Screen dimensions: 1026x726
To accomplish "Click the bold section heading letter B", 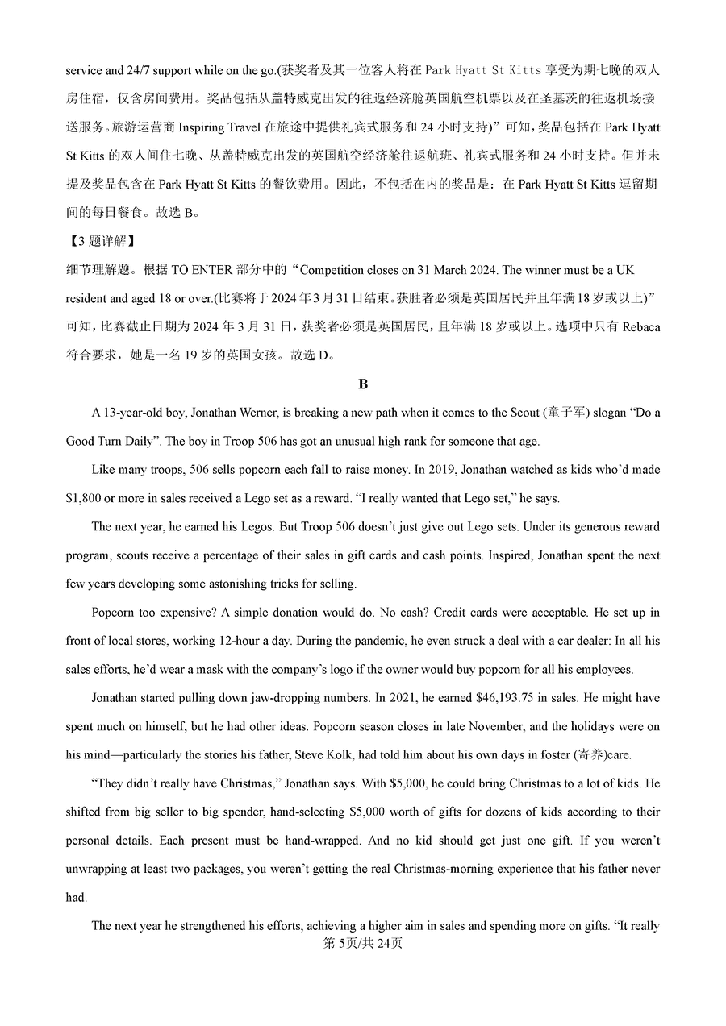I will coord(363,384).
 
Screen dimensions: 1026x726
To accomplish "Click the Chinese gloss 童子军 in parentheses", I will coord(577,413).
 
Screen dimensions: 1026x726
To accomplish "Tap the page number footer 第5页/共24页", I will coord(363,944).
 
